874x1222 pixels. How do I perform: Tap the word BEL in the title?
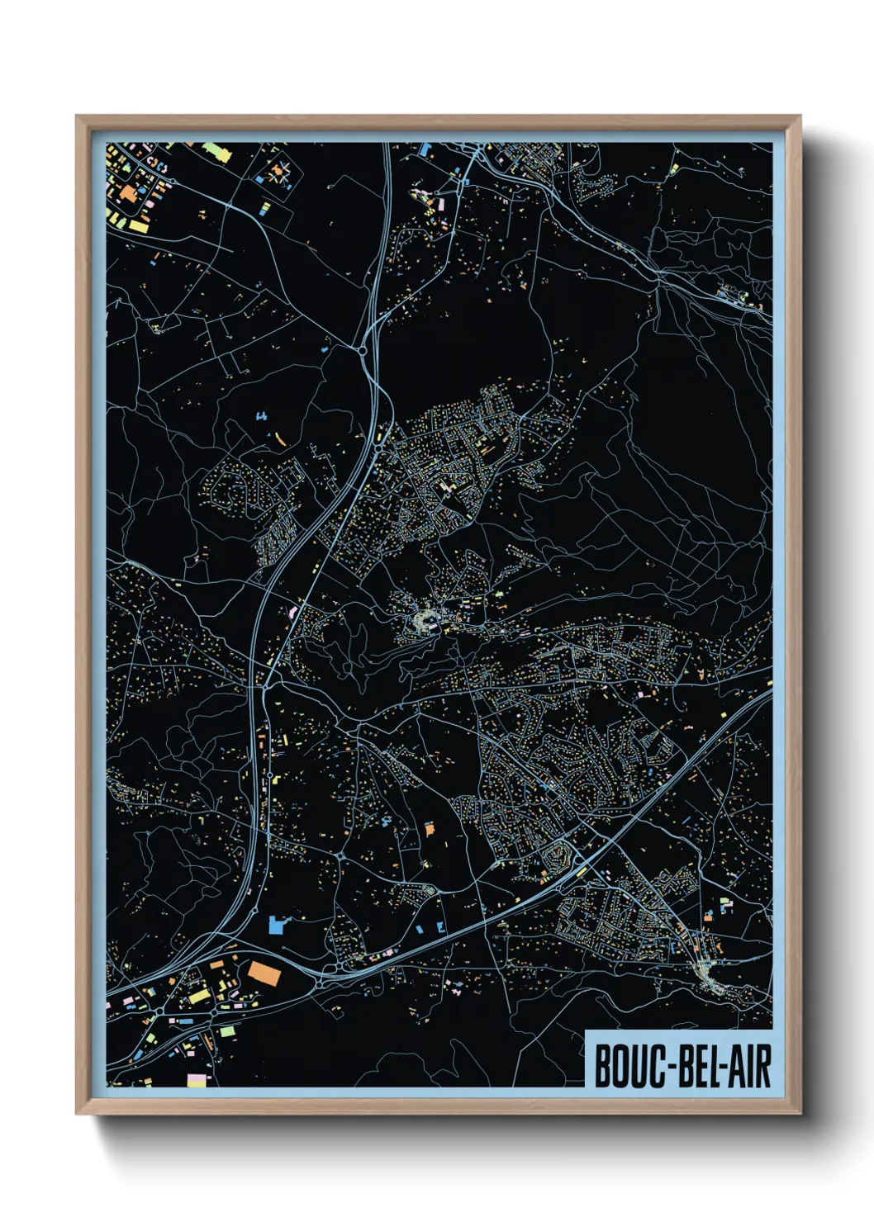click(695, 1067)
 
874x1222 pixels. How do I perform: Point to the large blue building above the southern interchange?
click(276, 925)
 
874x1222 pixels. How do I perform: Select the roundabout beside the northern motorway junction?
click(363, 351)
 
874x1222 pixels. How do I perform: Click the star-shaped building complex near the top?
click(278, 174)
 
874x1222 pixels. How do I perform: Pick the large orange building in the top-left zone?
click(129, 194)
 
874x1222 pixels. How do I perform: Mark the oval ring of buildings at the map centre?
click(426, 619)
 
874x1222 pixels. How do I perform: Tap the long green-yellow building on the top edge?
click(215, 151)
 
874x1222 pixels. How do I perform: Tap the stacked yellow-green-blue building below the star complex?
click(265, 207)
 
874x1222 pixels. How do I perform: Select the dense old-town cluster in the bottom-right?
click(709, 974)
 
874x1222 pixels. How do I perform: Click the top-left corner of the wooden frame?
click(78, 117)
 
